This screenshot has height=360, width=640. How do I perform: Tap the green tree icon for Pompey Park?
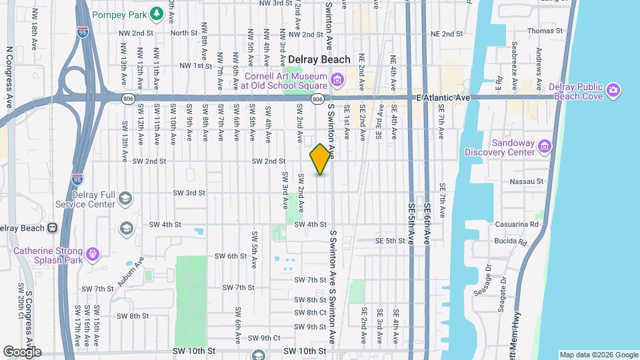tap(156, 13)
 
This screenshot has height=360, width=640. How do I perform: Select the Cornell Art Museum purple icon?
tap(337, 81)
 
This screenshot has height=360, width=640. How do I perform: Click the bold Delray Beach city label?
tap(319, 59)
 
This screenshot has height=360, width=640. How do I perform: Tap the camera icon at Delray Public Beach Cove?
tap(613, 89)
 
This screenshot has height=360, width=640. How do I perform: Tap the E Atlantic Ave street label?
tap(443, 98)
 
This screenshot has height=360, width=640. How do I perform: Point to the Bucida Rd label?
tap(511, 243)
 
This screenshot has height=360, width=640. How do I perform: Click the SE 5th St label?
tap(391, 241)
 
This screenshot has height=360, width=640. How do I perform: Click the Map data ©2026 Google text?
tap(598, 355)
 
